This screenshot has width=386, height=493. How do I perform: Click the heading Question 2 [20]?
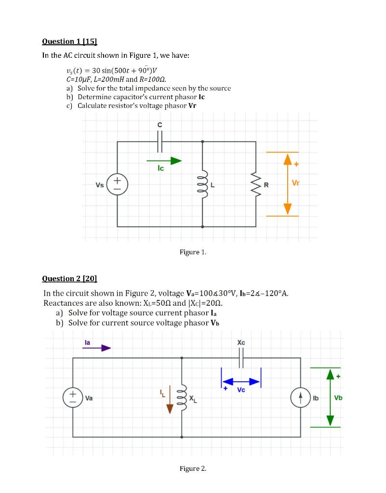point(70,278)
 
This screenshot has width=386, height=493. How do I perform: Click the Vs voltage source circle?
point(116,184)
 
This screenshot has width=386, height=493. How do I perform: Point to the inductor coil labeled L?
point(202,184)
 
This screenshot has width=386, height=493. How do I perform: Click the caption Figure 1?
point(193,252)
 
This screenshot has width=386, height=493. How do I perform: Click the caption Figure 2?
point(193,468)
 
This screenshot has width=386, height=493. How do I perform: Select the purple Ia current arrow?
point(96,348)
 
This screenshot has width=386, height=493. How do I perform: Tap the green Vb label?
point(338,398)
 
